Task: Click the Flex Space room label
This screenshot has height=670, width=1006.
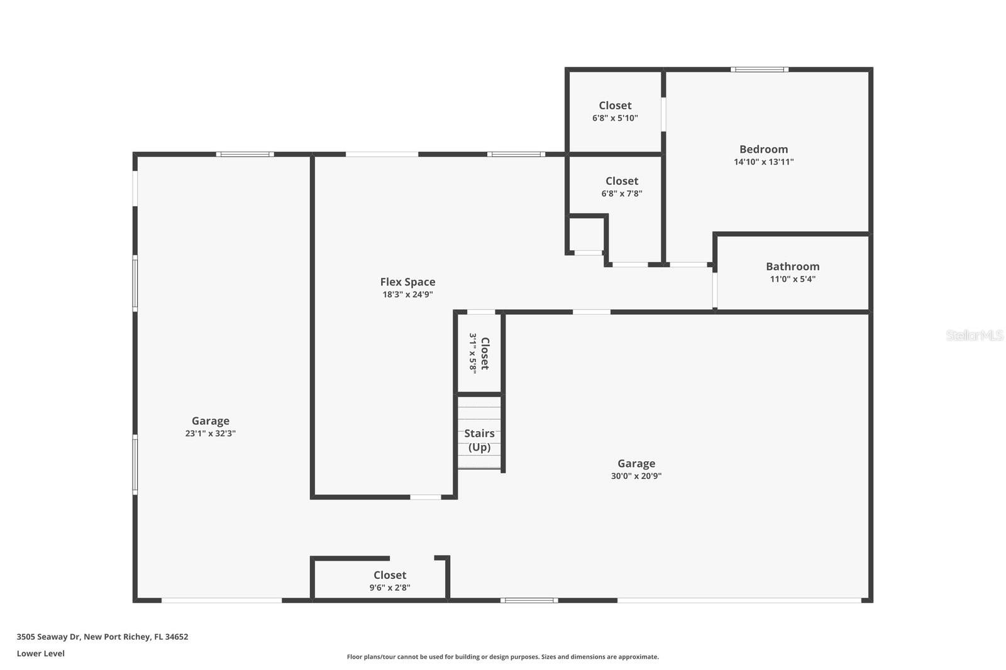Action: pyautogui.click(x=407, y=282)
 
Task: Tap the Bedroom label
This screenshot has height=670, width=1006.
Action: pyautogui.click(x=763, y=150)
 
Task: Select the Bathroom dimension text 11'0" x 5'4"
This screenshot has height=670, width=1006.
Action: pyautogui.click(x=792, y=279)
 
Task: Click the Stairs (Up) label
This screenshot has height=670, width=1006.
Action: pyautogui.click(x=479, y=440)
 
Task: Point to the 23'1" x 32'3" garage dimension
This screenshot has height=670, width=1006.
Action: pyautogui.click(x=210, y=434)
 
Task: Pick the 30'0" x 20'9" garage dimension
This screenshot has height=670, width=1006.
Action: pyautogui.click(x=636, y=476)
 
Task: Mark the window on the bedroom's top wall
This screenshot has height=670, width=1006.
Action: pyautogui.click(x=759, y=70)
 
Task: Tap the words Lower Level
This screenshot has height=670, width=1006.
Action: pyautogui.click(x=41, y=654)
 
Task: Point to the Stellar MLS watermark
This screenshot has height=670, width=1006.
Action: pyautogui.click(x=974, y=336)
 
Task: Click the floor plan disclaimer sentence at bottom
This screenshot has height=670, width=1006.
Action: pyautogui.click(x=502, y=657)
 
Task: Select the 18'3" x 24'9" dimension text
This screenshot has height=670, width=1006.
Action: pyautogui.click(x=407, y=295)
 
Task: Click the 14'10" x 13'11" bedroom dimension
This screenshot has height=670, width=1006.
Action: pyautogui.click(x=763, y=162)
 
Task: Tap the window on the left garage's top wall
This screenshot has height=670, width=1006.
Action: pyautogui.click(x=245, y=154)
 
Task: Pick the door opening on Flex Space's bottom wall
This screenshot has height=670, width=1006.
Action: pyautogui.click(x=426, y=497)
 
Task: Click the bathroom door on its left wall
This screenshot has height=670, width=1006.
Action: pyautogui.click(x=715, y=290)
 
